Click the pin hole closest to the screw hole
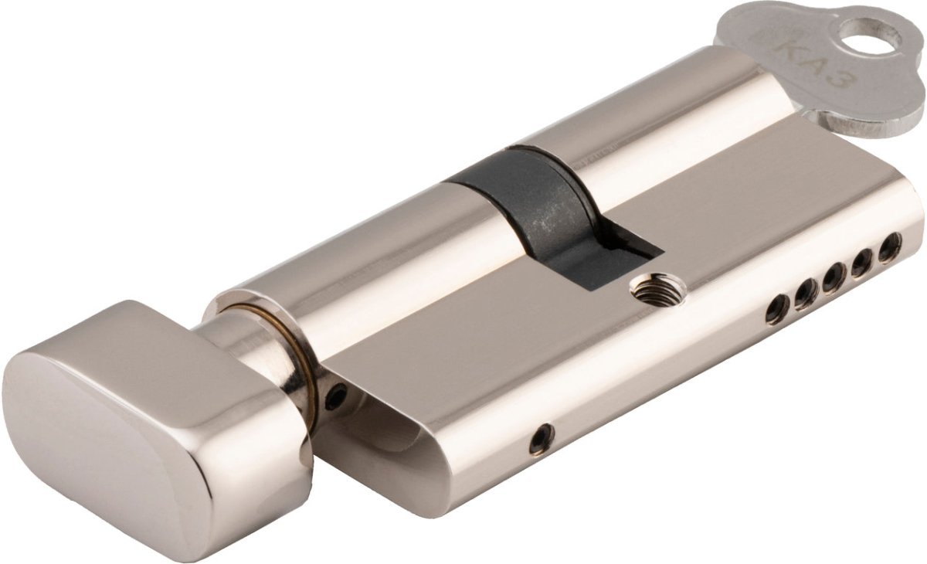(x=777, y=309)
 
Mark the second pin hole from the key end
(x=861, y=262)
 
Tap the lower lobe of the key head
(x=850, y=116)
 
